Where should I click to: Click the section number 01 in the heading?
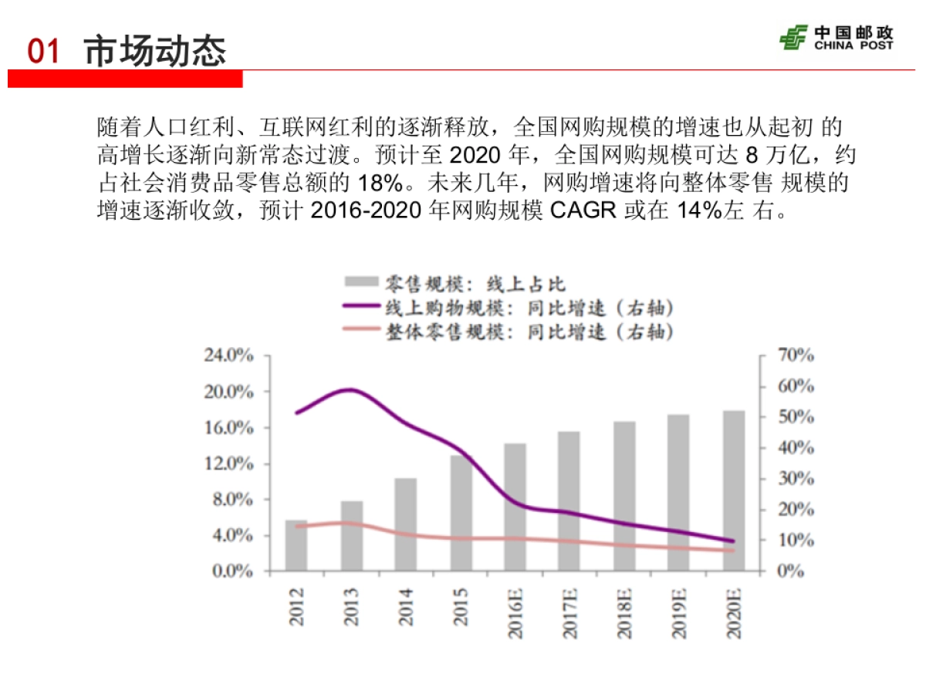click(44, 52)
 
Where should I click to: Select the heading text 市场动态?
click(154, 51)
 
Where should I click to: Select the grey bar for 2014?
click(405, 524)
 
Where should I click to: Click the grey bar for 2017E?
click(569, 501)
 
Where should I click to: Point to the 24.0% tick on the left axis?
click(228, 355)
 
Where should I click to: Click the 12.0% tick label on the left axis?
click(228, 463)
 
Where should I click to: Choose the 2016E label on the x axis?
click(515, 613)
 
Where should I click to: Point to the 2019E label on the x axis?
click(679, 613)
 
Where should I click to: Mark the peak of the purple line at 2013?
click(350, 389)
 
